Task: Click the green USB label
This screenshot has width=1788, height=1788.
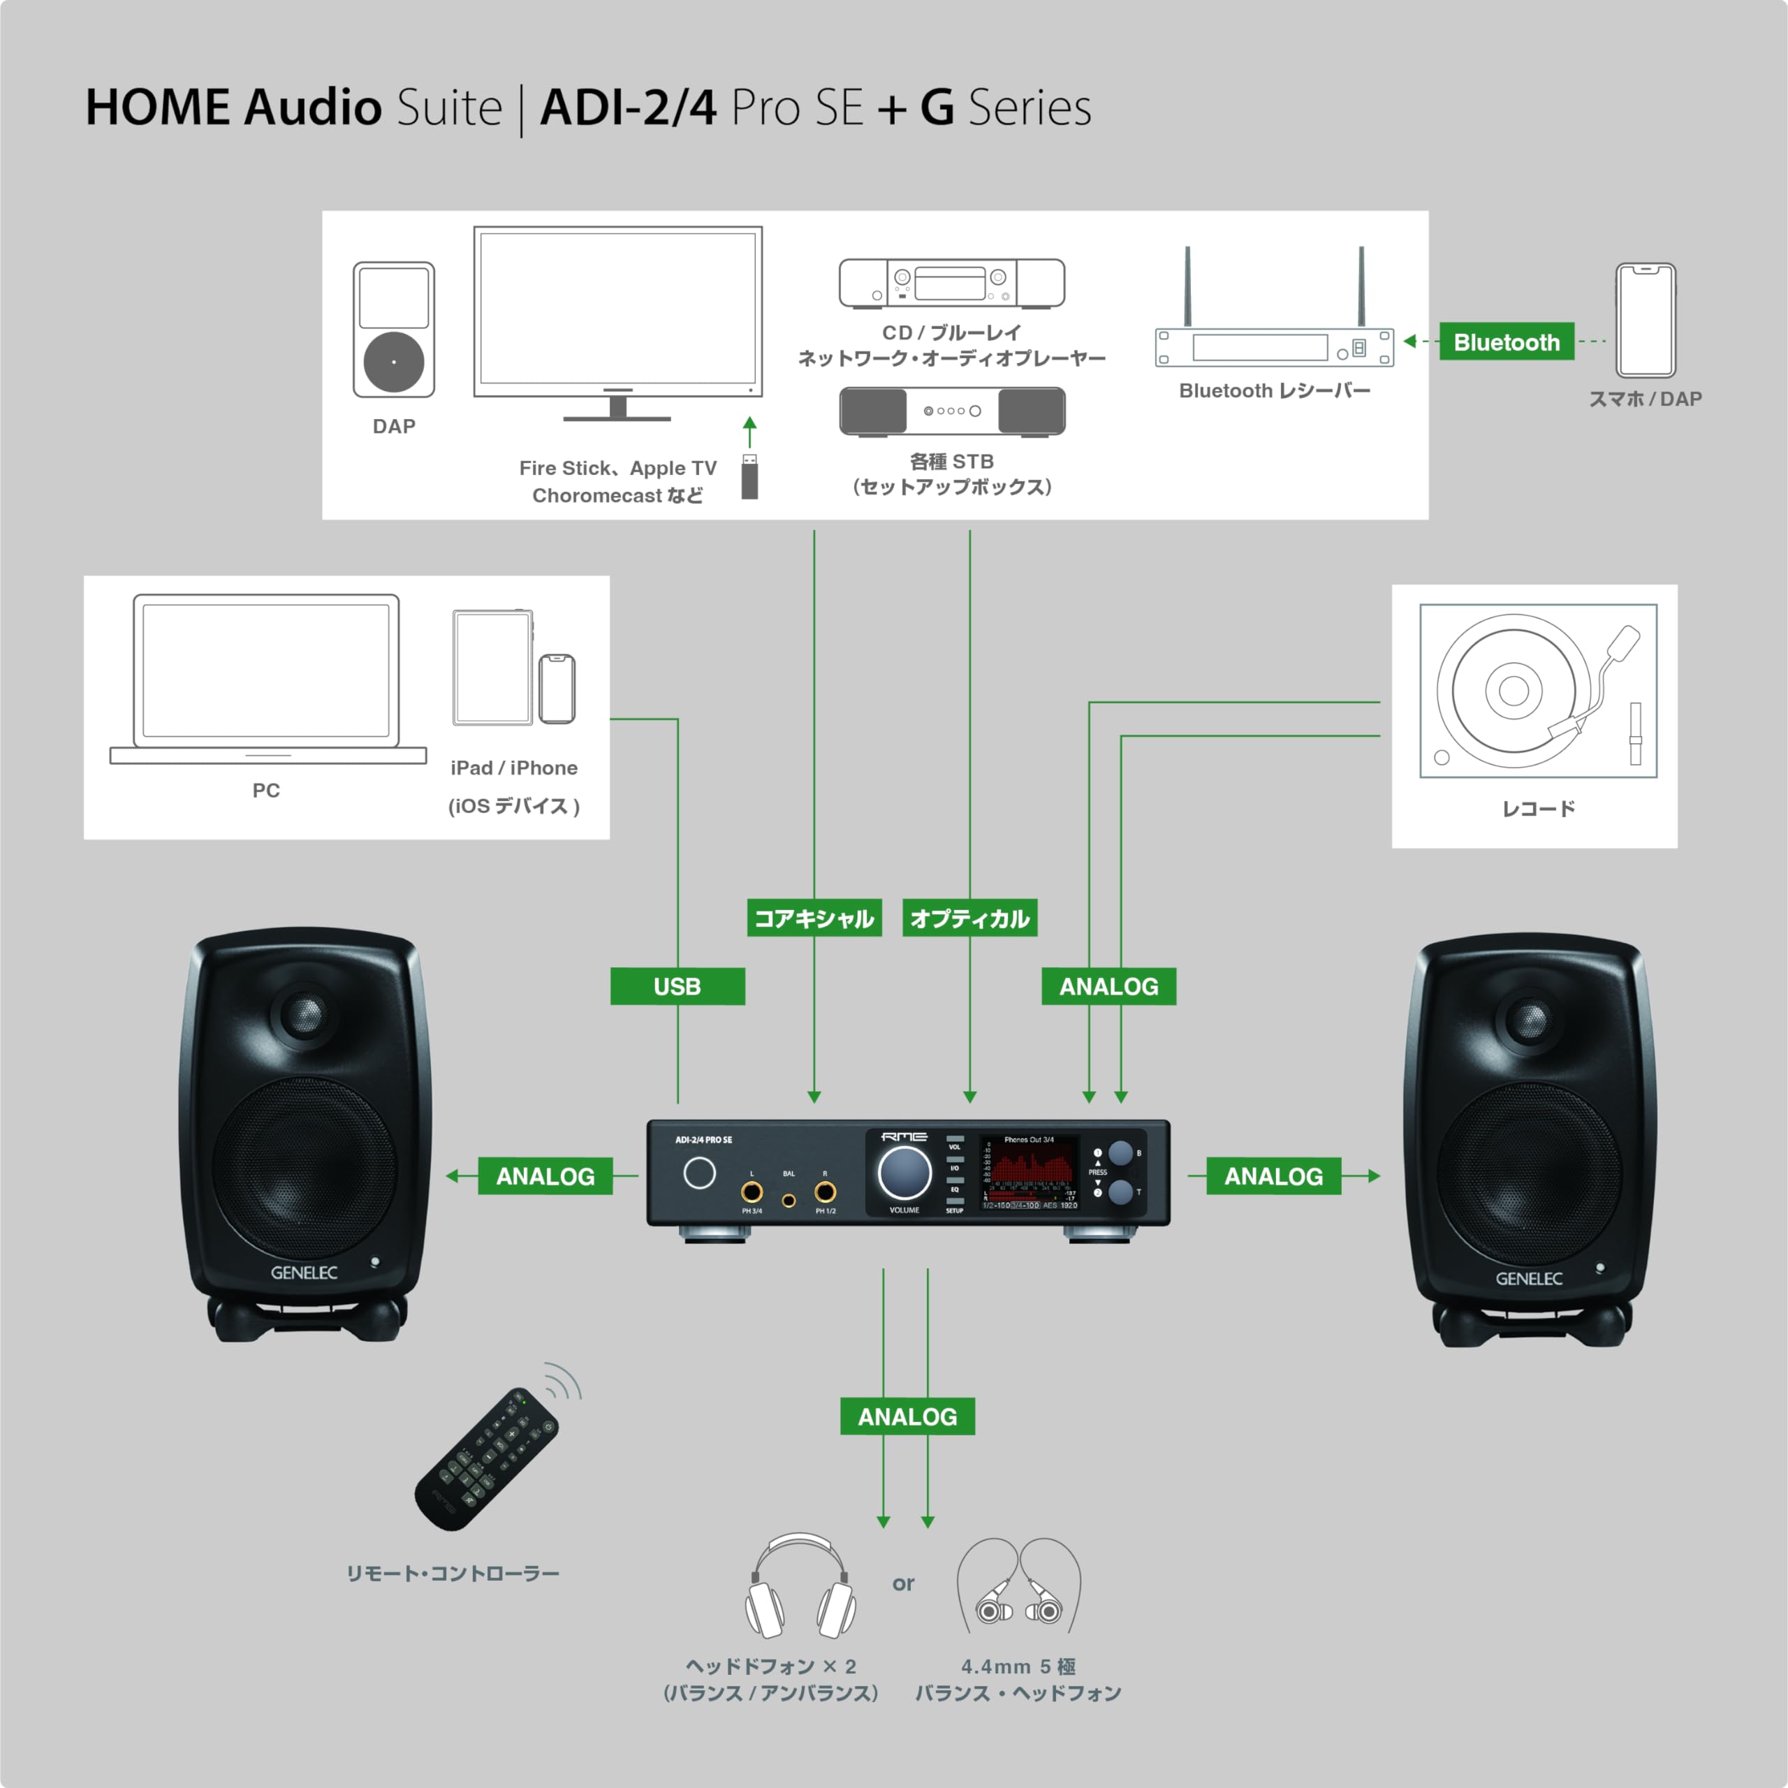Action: [677, 987]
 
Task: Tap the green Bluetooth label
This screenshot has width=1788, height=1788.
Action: [1507, 342]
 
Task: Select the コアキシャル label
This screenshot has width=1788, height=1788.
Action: [814, 918]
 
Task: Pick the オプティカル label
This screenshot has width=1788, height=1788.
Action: [969, 918]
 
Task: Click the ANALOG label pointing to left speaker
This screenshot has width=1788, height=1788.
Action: [545, 1176]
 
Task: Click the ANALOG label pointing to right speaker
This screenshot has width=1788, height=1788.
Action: [1273, 1176]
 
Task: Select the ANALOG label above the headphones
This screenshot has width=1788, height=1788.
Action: [907, 1417]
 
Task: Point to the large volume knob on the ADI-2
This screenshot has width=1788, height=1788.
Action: [904, 1172]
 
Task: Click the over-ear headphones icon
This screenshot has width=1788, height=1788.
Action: [800, 1587]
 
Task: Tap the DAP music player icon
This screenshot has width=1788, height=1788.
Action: [394, 330]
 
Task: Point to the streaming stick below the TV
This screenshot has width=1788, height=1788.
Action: [749, 478]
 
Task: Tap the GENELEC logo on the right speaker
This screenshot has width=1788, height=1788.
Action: [1529, 1279]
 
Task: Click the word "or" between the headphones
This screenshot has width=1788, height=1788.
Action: [903, 1583]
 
